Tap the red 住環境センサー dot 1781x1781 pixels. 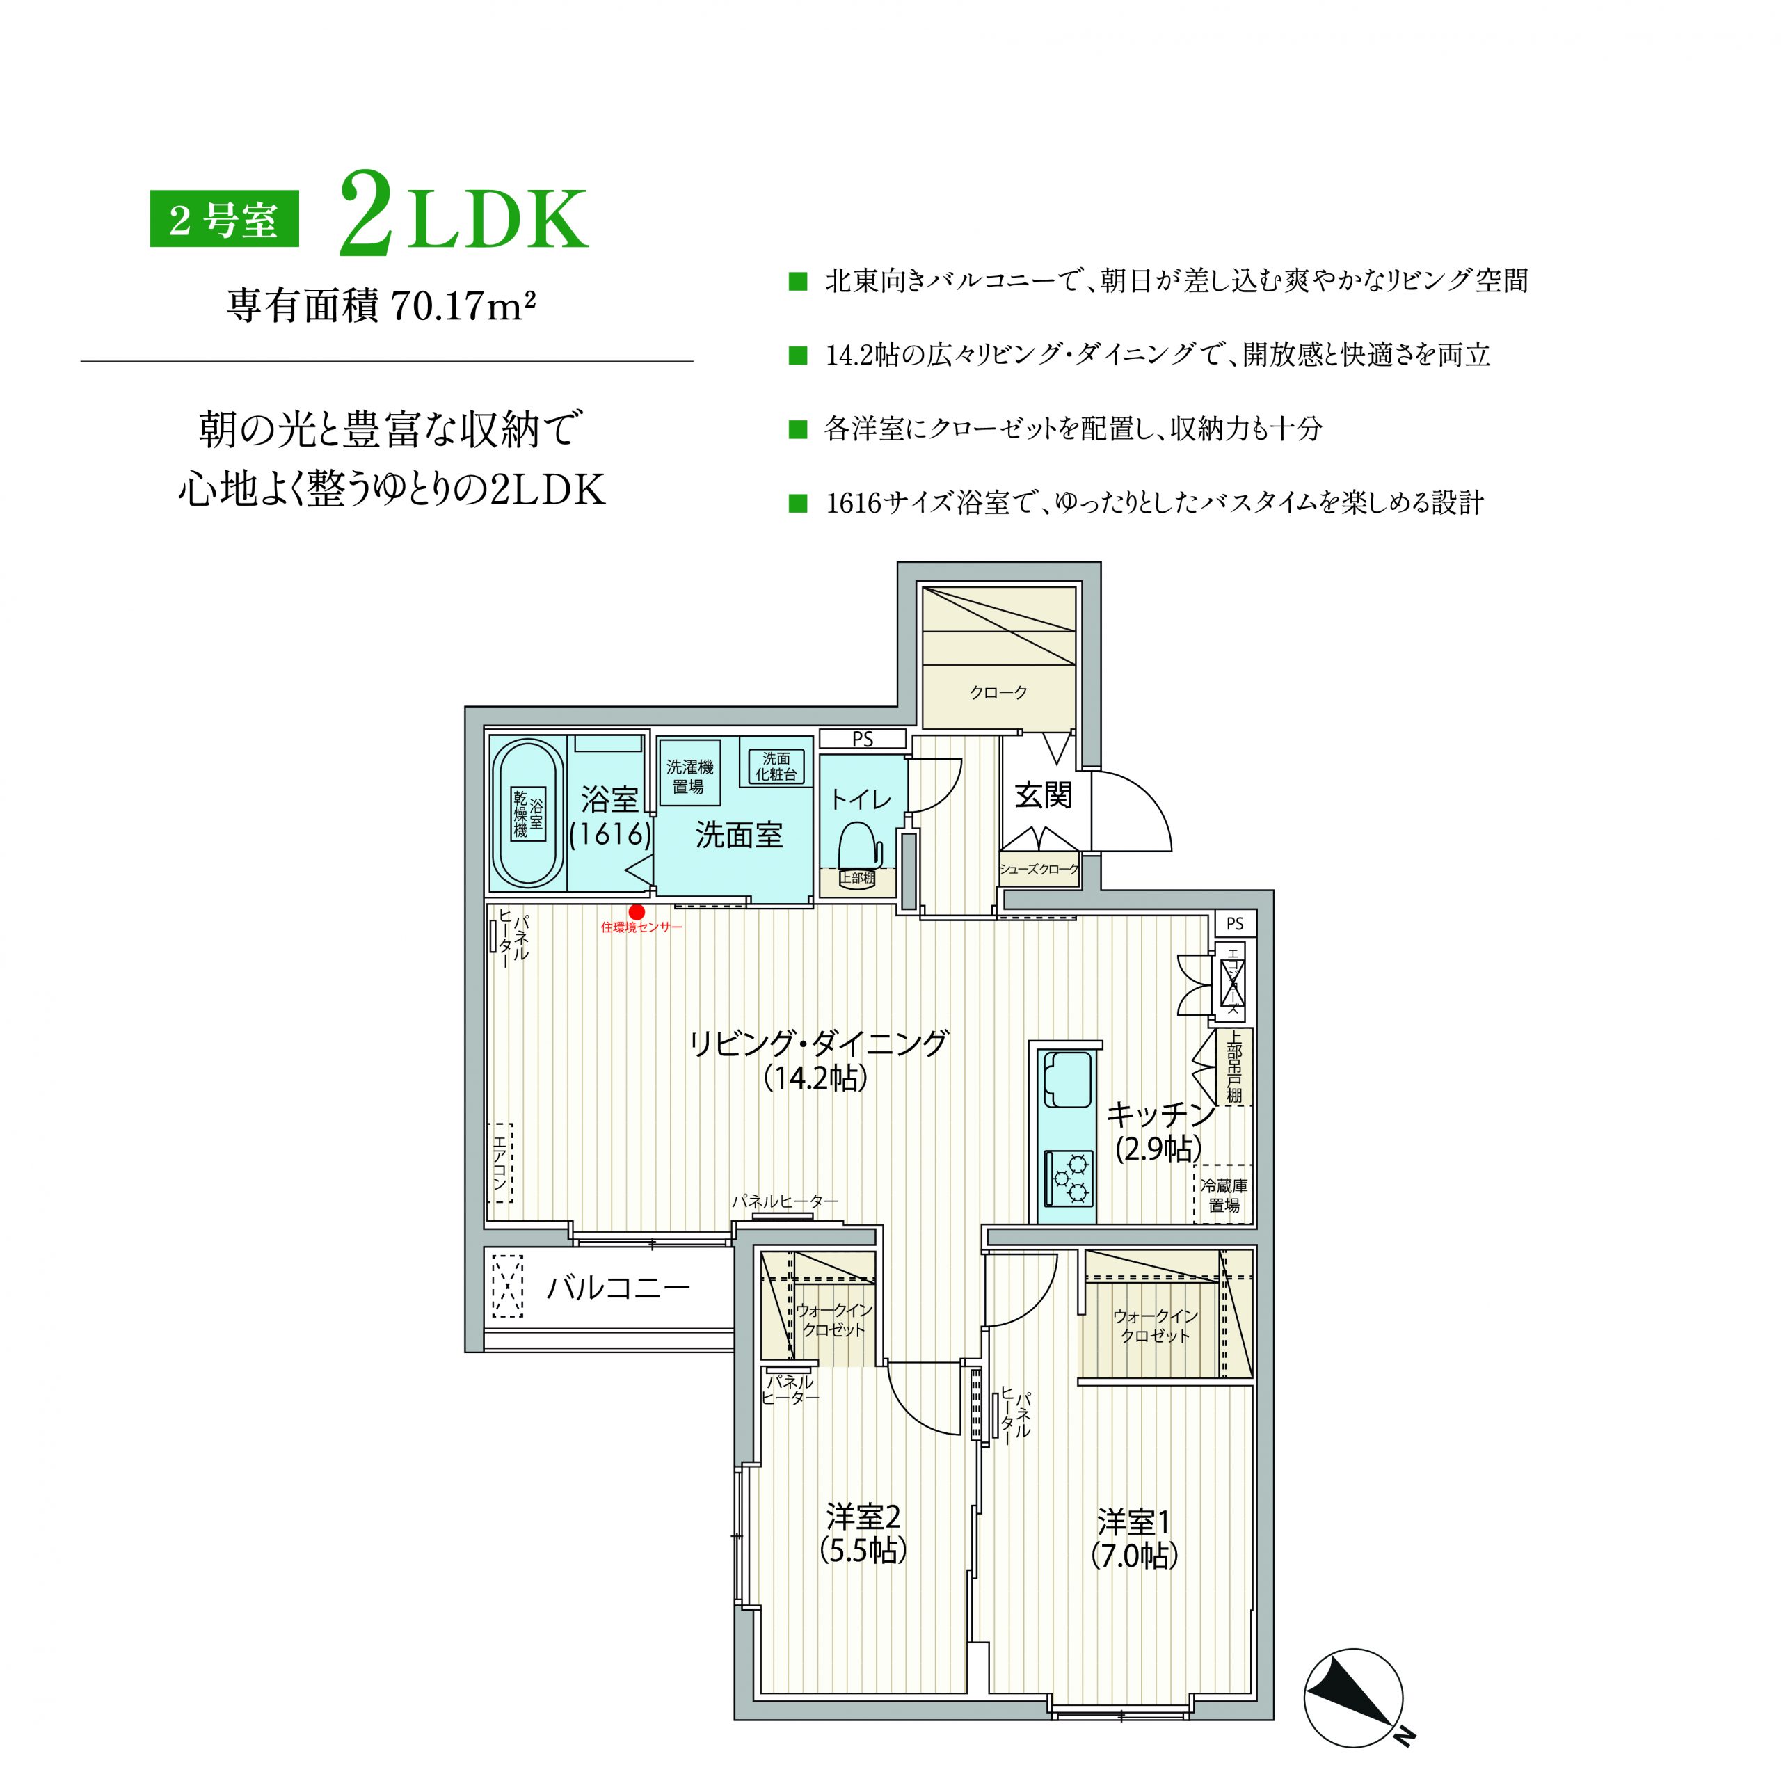636,911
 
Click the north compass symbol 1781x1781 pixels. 1352,1698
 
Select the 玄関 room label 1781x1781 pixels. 1044,794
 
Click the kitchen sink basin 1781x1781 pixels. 1067,1081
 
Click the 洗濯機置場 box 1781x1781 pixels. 689,776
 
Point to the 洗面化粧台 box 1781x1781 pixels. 775,766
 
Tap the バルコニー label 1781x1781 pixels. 618,1286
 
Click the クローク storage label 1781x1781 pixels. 998,692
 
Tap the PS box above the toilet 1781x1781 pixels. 863,738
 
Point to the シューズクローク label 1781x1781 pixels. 1039,868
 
